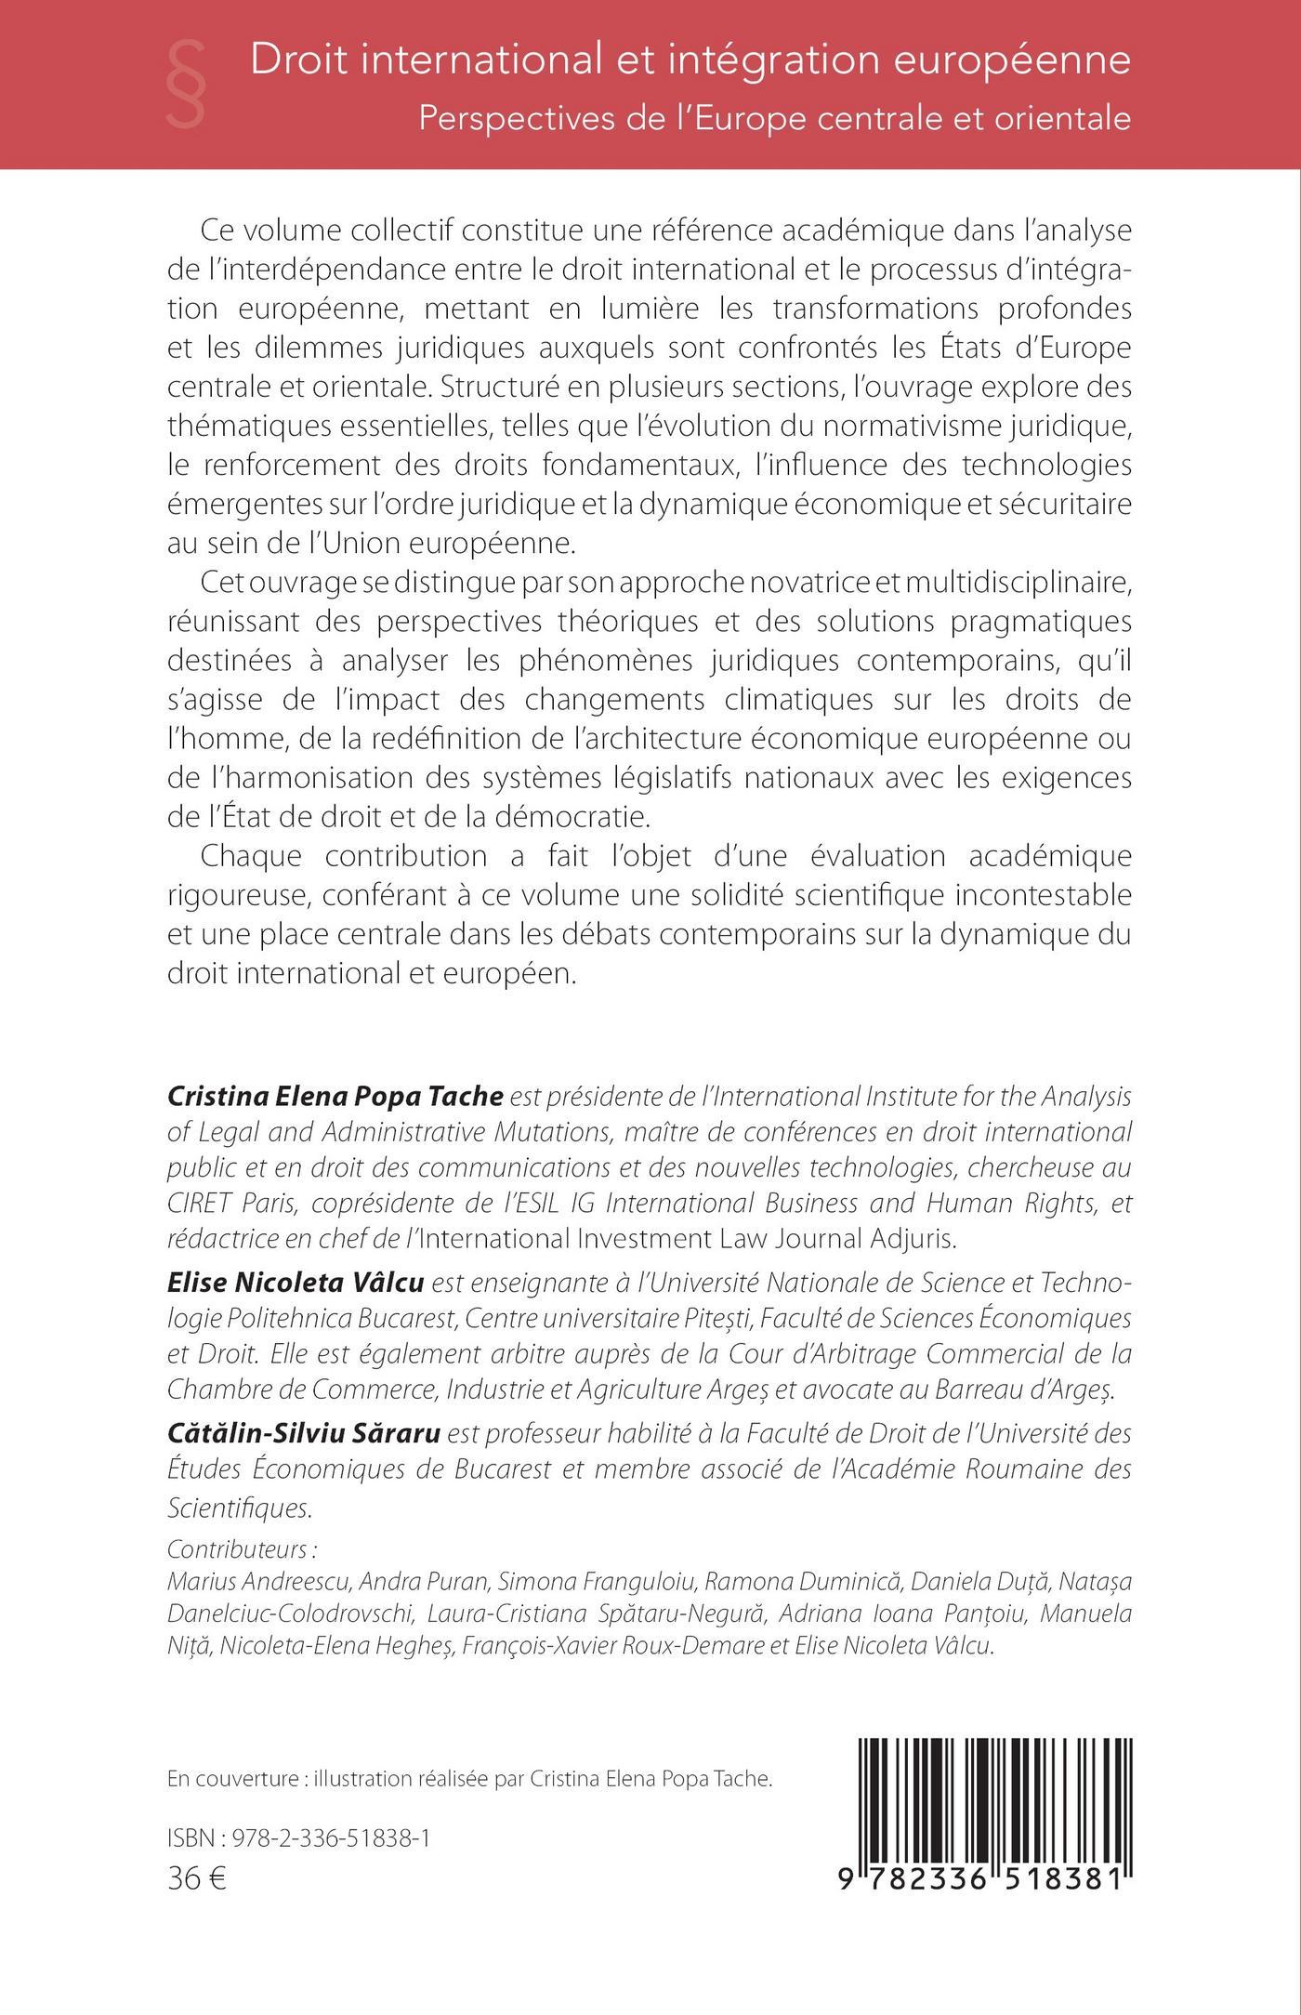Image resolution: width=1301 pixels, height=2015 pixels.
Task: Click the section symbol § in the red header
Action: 187,86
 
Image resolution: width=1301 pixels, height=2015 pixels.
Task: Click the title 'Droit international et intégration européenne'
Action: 690,60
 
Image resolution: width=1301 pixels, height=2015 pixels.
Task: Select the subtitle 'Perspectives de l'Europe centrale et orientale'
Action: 774,119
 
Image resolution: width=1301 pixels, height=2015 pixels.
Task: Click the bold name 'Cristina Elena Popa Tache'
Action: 335,1097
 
